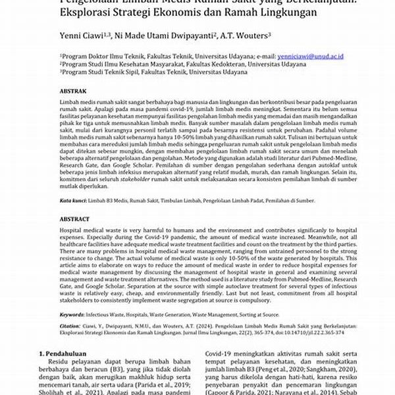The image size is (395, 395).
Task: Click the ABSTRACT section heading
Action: (x=74, y=219)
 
